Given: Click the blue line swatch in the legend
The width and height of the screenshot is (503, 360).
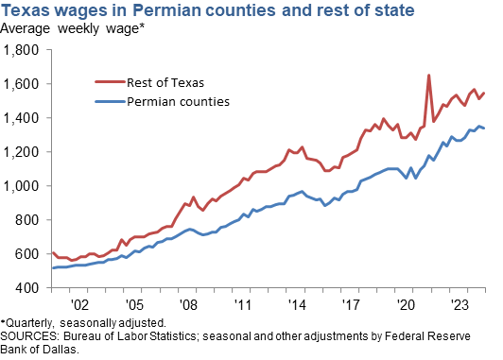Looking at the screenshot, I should tap(112, 99).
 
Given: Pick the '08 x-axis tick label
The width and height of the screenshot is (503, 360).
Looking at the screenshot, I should tap(188, 306).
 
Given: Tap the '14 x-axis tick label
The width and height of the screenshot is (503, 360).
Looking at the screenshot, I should tap(297, 306).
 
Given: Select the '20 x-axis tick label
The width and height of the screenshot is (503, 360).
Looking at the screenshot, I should tap(406, 306).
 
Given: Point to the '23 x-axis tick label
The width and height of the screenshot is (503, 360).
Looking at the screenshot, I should tap(460, 306).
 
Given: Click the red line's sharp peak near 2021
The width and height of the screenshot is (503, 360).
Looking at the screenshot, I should tap(428, 76).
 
